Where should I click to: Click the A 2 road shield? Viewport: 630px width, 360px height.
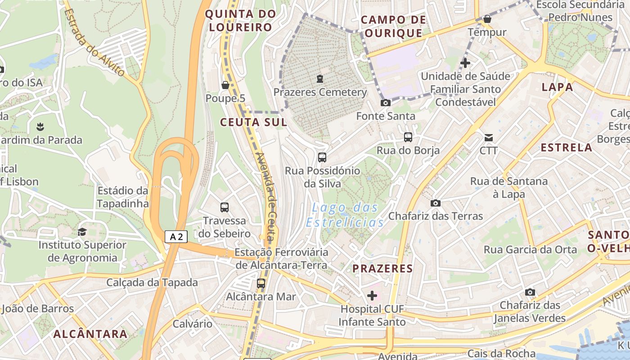pos(176,237)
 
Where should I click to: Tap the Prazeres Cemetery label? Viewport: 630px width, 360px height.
pos(320,92)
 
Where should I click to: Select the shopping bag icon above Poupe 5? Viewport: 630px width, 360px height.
pos(225,85)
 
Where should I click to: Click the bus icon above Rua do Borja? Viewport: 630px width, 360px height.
pos(408,137)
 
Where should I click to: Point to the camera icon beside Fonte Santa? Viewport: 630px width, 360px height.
pos(386,103)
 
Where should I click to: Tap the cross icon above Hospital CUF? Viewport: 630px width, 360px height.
pos(372,296)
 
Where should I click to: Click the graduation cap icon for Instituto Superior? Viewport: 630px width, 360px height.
pos(82,232)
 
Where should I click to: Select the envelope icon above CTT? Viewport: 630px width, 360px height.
pos(489,137)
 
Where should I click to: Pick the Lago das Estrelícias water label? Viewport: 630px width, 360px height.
pos(345,215)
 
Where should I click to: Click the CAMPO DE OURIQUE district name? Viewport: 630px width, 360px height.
pos(393,26)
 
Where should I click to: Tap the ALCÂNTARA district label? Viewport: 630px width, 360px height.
pos(90,334)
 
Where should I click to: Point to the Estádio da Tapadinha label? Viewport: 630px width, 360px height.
pos(122,197)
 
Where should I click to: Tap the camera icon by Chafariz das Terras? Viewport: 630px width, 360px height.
pos(435,203)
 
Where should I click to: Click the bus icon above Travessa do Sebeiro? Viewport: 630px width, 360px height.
pos(225,207)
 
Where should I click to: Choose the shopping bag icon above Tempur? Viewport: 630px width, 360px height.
pos(487,19)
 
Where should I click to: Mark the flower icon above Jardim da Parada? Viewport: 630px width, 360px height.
pos(41,126)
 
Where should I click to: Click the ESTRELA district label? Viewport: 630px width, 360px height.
pos(566,147)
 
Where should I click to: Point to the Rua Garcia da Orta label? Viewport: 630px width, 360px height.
pos(530,249)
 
